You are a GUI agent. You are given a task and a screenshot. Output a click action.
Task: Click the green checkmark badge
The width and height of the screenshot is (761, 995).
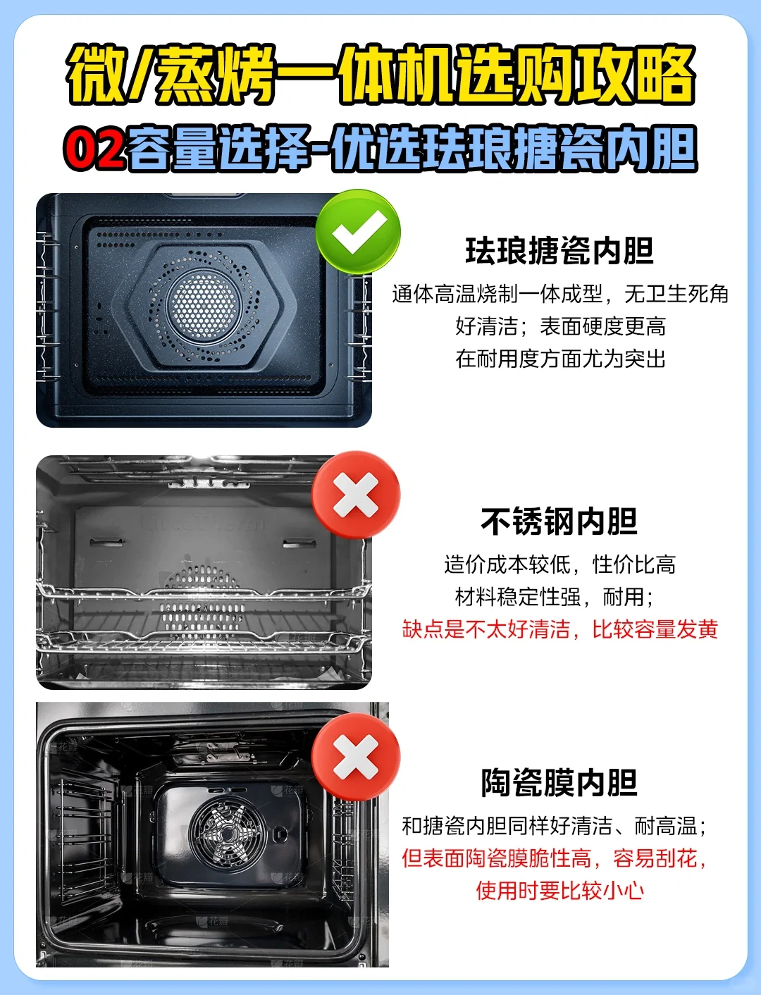coord(358,232)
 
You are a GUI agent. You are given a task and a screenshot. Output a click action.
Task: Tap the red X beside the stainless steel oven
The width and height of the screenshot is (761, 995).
coord(356,495)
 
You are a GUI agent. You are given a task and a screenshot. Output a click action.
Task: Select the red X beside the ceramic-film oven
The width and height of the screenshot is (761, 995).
coord(356,757)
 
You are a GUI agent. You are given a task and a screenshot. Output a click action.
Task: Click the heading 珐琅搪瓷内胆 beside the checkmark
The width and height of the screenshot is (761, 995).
coord(559,251)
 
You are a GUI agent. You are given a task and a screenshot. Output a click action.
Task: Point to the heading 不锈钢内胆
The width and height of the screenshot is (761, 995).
coord(559,521)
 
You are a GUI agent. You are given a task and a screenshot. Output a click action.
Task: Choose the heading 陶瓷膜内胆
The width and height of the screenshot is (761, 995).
coord(559,783)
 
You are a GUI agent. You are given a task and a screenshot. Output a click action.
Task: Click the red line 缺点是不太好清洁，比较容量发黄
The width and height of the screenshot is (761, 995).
coord(560,629)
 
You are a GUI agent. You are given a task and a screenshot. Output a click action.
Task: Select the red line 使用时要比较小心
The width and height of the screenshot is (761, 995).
coord(560,890)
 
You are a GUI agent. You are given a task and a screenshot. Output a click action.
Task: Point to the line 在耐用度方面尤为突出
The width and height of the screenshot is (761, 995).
coord(561,359)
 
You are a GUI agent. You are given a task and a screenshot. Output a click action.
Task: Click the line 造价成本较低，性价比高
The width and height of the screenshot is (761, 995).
coord(560,564)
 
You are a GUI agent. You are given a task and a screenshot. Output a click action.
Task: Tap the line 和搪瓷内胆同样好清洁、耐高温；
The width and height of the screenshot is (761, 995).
coord(555,825)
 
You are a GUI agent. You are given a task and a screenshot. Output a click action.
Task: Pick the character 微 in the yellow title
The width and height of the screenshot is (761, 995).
coord(96,74)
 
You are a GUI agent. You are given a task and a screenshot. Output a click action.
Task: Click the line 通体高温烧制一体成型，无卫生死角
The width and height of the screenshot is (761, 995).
coord(560,294)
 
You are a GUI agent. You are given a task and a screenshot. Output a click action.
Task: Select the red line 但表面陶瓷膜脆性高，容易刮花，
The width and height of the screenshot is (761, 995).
coord(555,858)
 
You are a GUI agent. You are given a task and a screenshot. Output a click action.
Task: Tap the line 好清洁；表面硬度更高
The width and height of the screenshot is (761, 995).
coord(561,326)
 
